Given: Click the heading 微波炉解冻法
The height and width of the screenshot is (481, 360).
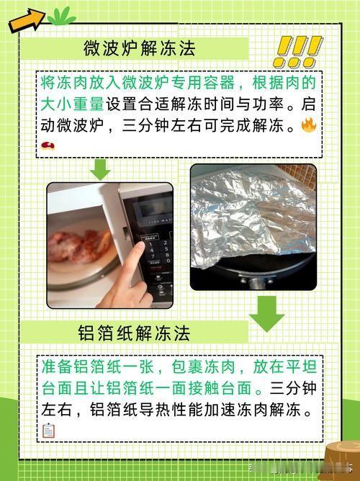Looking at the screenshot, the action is [x=140, y=48].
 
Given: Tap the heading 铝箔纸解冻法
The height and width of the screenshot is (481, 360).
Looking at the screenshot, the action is [x=134, y=333].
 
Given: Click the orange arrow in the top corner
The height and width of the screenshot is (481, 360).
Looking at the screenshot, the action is [x=27, y=20].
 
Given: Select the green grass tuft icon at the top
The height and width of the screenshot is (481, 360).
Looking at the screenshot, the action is [x=61, y=16].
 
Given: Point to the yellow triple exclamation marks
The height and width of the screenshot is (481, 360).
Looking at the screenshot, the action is [x=297, y=52].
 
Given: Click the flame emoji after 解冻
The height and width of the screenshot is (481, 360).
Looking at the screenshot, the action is [x=308, y=125].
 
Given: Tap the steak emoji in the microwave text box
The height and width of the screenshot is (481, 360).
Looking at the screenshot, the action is [x=48, y=145].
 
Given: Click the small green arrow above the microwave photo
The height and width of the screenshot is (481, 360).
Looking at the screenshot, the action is [x=100, y=170].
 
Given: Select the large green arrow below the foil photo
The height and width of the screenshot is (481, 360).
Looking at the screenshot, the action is [x=266, y=314].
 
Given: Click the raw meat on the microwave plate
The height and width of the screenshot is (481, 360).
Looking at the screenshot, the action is [x=81, y=246].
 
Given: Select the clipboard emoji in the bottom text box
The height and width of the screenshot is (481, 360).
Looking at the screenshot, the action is [x=48, y=431].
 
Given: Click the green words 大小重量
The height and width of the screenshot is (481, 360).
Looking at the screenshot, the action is [x=73, y=104].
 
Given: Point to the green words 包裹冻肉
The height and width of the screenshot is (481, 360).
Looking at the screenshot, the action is [x=203, y=367].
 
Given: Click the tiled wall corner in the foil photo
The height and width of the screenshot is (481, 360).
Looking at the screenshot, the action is [x=298, y=175].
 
